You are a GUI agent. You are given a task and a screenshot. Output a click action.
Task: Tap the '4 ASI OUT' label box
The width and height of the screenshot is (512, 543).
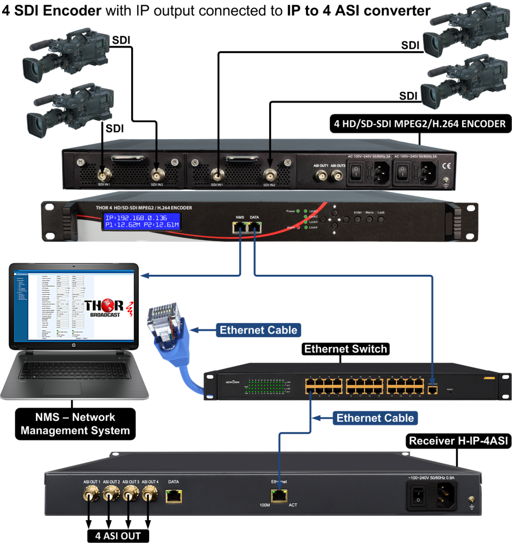[119, 536]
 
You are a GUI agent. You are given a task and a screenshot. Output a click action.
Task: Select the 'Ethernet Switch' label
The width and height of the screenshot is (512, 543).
[345, 349]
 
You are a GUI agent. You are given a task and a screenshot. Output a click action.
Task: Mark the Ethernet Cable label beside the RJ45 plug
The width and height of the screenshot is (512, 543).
[258, 330]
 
